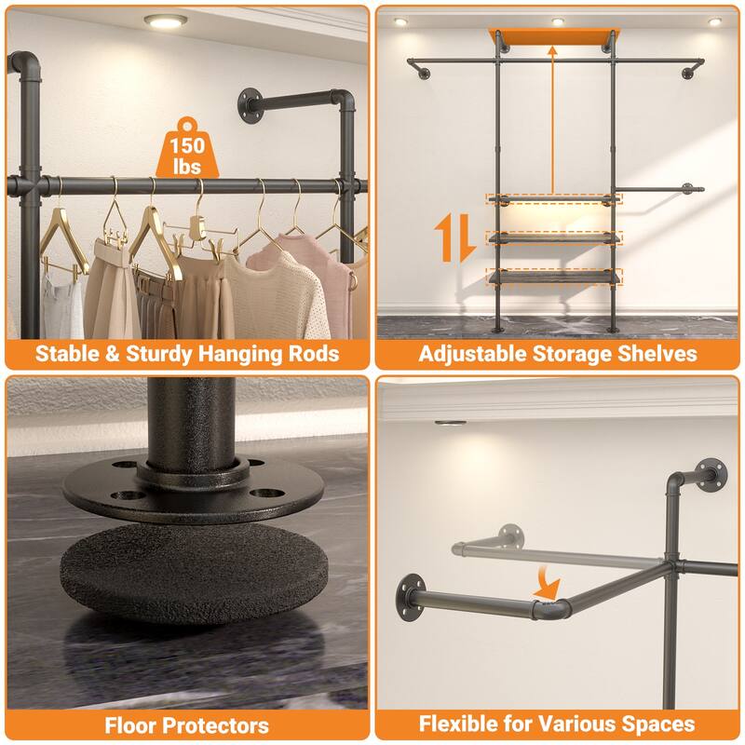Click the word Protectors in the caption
pyautogui.click(x=213, y=725)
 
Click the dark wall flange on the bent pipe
pyautogui.click(x=409, y=595)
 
